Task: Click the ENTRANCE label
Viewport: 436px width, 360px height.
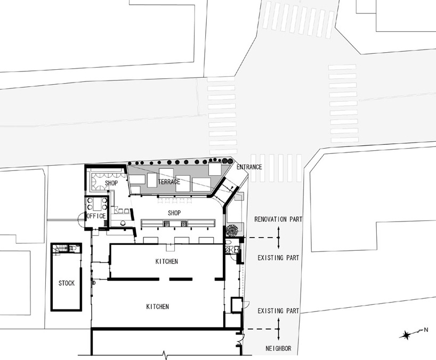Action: (x=249, y=167)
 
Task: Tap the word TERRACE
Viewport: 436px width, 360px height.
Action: (x=169, y=182)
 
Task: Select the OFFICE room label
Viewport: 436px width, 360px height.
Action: (x=96, y=216)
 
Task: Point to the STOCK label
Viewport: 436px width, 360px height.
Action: (x=67, y=283)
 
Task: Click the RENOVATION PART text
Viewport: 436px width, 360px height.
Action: (x=278, y=219)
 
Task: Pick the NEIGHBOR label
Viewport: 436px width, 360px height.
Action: (x=278, y=348)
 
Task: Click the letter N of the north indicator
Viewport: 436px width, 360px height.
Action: (x=426, y=330)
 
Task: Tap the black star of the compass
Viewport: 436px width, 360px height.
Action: (x=406, y=336)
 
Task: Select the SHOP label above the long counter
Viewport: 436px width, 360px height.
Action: (x=174, y=213)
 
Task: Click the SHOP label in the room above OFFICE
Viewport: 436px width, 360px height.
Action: (x=111, y=183)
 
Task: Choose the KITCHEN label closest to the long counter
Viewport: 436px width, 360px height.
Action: (x=166, y=261)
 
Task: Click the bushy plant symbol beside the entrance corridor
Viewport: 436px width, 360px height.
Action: (x=232, y=230)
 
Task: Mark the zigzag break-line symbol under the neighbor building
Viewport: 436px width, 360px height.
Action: (x=165, y=355)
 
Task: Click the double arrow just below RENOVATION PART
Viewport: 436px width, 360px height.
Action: (x=279, y=238)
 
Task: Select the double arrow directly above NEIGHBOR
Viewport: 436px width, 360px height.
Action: (x=279, y=329)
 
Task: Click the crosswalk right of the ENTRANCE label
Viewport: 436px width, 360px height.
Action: (x=276, y=168)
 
